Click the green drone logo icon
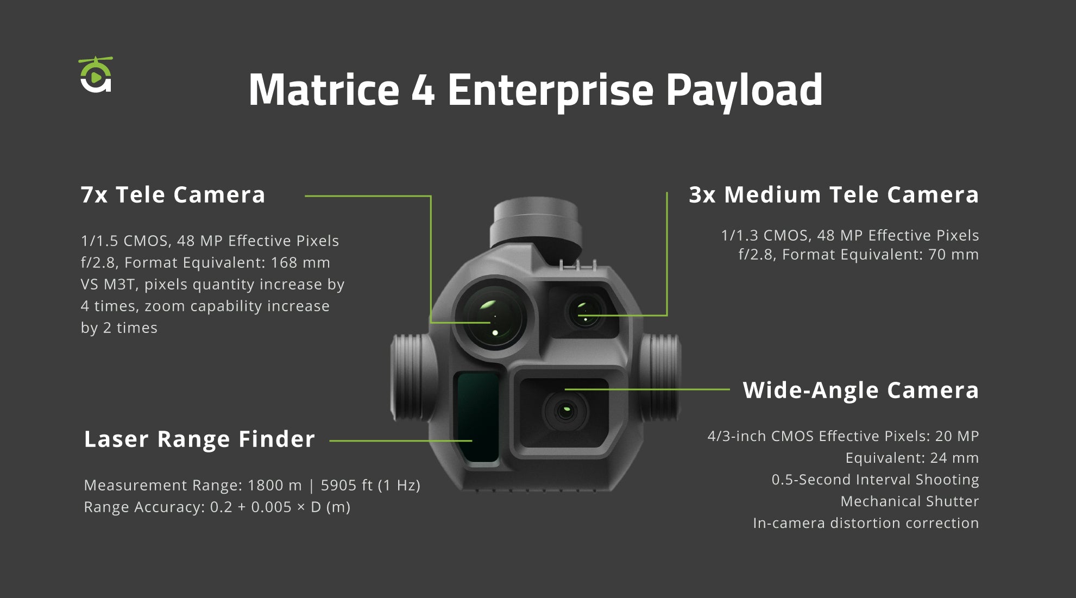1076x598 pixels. [96, 74]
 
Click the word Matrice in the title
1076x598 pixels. [324, 90]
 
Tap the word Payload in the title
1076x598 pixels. [744, 92]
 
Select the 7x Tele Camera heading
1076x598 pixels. [173, 194]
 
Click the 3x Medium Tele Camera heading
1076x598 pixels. [834, 194]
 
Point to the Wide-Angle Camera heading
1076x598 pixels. [861, 390]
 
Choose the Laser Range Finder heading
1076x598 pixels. [199, 439]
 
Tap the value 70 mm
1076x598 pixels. [954, 254]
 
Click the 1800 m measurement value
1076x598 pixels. [274, 485]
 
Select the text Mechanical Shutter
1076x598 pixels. [910, 501]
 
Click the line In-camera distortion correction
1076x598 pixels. [866, 523]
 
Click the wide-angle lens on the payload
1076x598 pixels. [565, 410]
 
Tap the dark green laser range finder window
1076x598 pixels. [477, 416]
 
